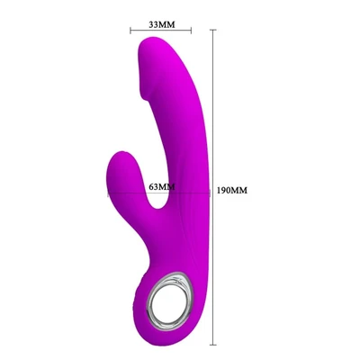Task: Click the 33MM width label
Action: coord(162,22)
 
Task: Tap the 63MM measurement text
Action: coord(162,187)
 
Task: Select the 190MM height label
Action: coord(232,191)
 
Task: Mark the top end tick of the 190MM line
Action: coord(213,30)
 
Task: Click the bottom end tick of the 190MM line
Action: coord(213,344)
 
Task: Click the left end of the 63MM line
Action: coord(108,191)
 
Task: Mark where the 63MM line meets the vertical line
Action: coord(213,191)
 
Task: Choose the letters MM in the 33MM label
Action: coord(169,22)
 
